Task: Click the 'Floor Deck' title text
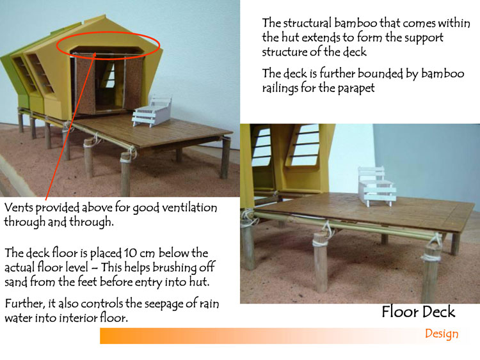[x=418, y=312]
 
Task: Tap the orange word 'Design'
[x=442, y=334]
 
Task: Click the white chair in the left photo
[x=152, y=111]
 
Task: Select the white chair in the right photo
[x=377, y=187]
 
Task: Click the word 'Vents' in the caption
[x=19, y=208]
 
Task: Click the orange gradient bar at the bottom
[x=285, y=336]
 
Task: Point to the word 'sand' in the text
[x=16, y=282]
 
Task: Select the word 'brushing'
[x=174, y=268]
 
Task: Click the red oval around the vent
[x=108, y=32]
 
